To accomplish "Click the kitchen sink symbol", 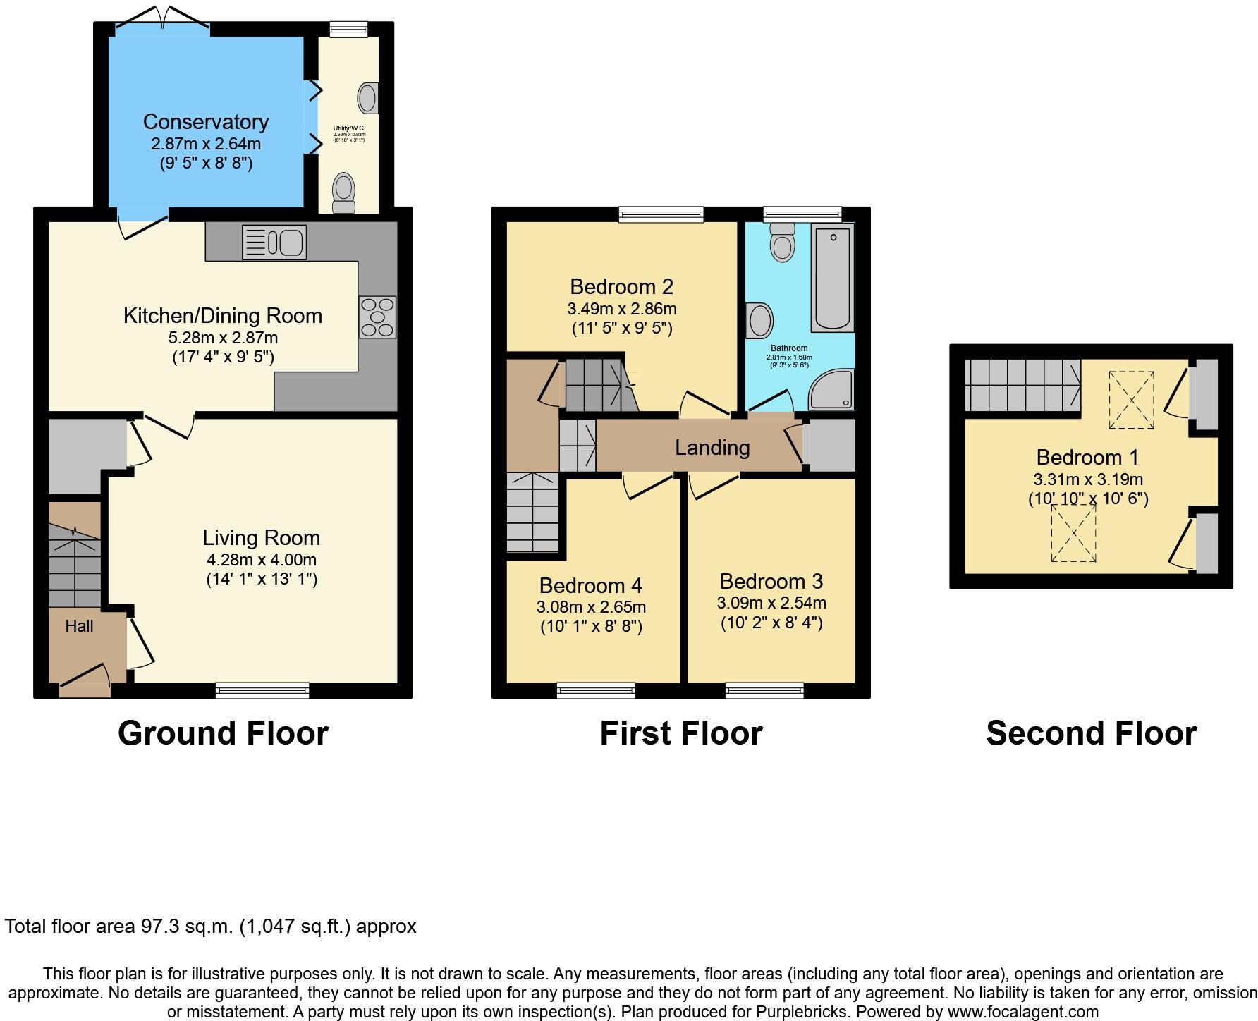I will pos(274,242).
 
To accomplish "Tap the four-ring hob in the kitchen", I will pos(377,317).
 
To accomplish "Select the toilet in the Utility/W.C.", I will pos(344,192).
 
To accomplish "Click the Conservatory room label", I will pos(205,122).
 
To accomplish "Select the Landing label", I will pos(712,448).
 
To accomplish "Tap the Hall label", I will pos(79,626).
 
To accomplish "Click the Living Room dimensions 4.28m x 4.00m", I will pos(261,560).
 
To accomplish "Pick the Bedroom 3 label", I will pos(771,582).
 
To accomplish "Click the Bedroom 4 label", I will pos(590,586).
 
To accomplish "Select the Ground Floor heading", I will pos(223,733).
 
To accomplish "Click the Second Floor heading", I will pos(1091,733).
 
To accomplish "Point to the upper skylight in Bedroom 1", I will pos(1131,400).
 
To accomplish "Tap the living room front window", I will pos(262,690).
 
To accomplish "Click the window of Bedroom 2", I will pos(661,214).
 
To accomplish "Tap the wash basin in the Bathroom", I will pos(761,321).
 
